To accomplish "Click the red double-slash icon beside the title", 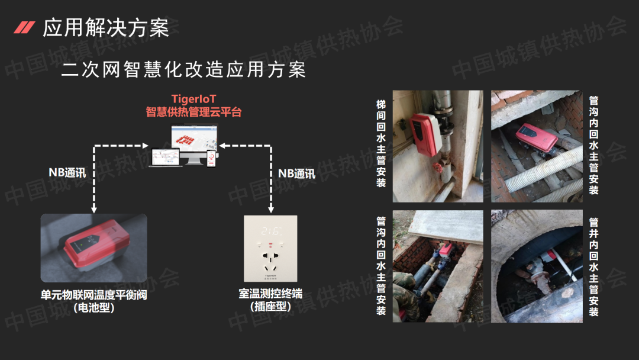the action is click(x=24, y=27).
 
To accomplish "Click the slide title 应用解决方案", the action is click(x=105, y=28).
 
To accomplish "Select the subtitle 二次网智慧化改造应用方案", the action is click(x=183, y=69).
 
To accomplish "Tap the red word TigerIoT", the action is click(x=193, y=99).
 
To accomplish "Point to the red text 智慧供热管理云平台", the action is click(x=193, y=112).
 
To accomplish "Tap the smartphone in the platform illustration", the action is click(x=211, y=158).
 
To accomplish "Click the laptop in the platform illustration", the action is click(x=165, y=157).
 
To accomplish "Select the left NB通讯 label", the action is click(x=67, y=172).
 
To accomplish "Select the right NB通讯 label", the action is click(x=296, y=173).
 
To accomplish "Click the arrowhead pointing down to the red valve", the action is click(x=94, y=210).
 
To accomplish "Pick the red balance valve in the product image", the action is click(x=96, y=244).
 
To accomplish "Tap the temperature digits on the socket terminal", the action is click(x=271, y=232).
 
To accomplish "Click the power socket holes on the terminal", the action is click(x=270, y=261).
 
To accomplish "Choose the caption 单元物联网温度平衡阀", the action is click(x=93, y=295).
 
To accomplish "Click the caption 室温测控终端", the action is click(x=270, y=294).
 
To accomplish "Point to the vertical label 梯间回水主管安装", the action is click(x=381, y=143).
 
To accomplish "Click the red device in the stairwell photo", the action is click(x=425, y=134).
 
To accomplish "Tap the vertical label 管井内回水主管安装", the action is click(x=594, y=267).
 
